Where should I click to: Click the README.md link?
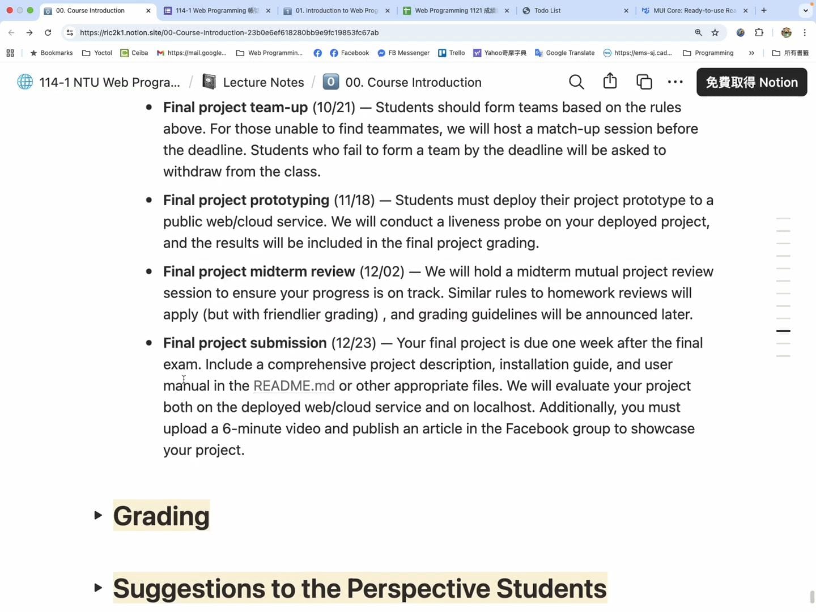click(294, 386)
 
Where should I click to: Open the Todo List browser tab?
click(572, 11)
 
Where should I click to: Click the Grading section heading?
click(161, 516)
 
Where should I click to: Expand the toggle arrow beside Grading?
click(98, 515)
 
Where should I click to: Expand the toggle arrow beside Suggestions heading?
click(98, 588)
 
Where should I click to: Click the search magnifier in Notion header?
click(576, 82)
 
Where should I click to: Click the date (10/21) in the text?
click(334, 108)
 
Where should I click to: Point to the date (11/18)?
click(354, 201)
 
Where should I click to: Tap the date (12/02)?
click(382, 272)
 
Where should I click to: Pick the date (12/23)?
click(354, 343)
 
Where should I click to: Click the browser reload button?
click(48, 33)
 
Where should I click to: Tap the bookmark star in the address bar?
click(715, 33)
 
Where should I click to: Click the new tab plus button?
click(764, 11)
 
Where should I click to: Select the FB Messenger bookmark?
click(403, 53)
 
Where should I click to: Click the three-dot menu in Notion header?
click(675, 82)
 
